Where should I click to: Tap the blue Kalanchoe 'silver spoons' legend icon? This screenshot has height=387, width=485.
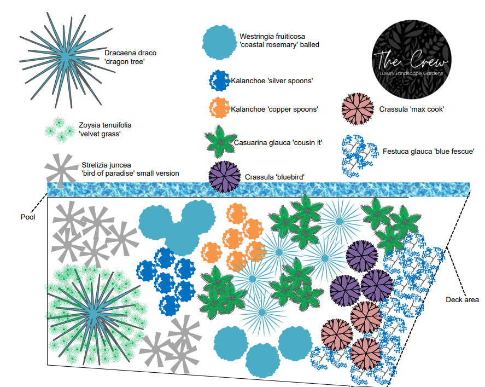click(x=219, y=81)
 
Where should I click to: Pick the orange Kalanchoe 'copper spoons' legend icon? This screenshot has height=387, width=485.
click(x=219, y=107)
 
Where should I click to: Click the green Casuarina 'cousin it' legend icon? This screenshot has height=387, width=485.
click(x=220, y=141)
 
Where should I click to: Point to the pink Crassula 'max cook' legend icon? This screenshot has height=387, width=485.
click(x=357, y=108)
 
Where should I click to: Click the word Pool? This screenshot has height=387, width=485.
click(x=27, y=217)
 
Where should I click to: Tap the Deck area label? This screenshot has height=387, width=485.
click(x=462, y=299)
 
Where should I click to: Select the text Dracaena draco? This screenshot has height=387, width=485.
click(x=130, y=53)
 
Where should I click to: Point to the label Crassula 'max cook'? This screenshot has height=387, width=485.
click(x=411, y=109)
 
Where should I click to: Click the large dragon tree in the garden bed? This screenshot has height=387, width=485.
click(x=94, y=313)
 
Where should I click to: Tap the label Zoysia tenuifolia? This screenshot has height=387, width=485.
click(x=105, y=125)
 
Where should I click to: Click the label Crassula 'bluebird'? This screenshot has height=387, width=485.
click(x=274, y=177)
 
